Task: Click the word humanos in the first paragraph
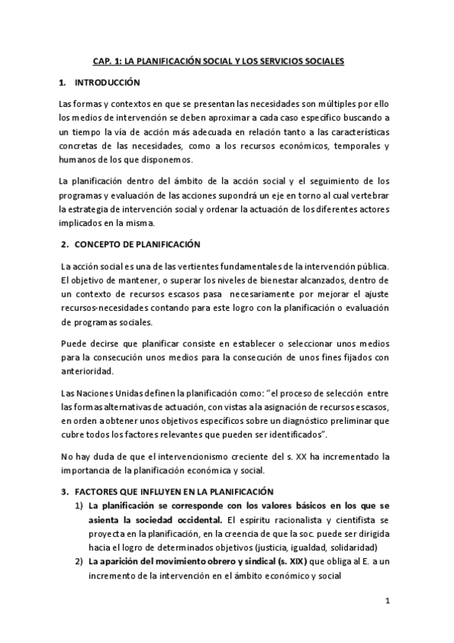78,159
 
